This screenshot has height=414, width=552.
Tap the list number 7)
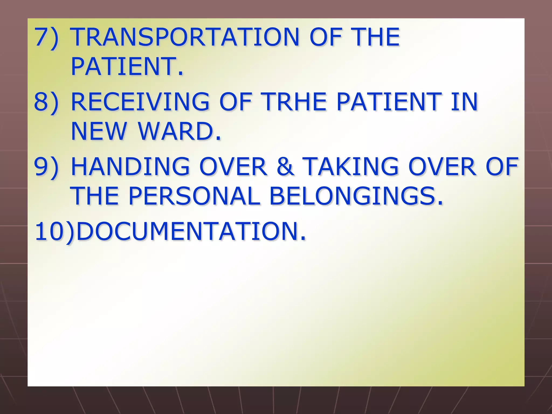pos(46,37)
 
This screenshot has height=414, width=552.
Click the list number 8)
pos(46,102)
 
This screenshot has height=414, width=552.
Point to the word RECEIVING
pos(140,102)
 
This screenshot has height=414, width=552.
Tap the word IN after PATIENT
pos(464,102)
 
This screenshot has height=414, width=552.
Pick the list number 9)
pos(46,167)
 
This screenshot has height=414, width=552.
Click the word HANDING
pos(130,167)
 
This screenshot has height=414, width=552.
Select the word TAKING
pos(350,167)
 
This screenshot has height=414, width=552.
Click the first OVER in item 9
pos(233,167)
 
